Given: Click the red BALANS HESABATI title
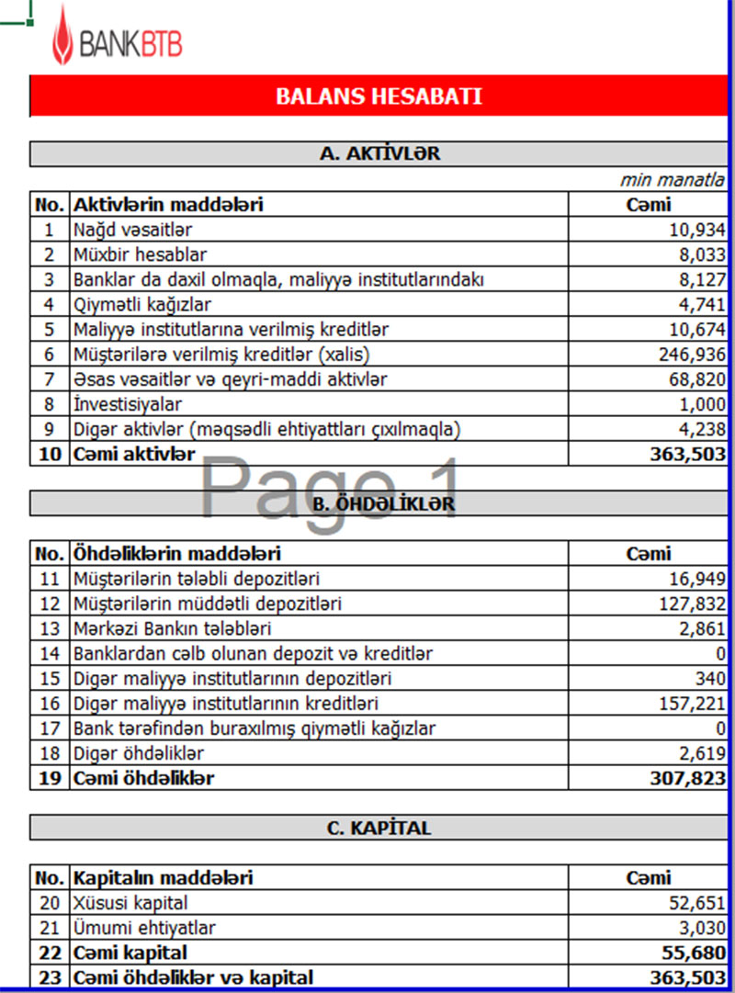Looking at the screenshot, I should pyautogui.click(x=379, y=96).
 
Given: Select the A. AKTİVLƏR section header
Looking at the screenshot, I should pyautogui.click(x=379, y=153).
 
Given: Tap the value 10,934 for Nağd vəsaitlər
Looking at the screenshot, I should pyautogui.click(x=697, y=229).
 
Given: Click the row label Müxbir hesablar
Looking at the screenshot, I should pyautogui.click(x=140, y=254).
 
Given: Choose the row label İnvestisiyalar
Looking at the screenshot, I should pyautogui.click(x=128, y=403).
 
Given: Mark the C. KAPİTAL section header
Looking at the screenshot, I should pyautogui.click(x=379, y=828).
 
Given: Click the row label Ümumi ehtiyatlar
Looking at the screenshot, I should pyautogui.click(x=144, y=928).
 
